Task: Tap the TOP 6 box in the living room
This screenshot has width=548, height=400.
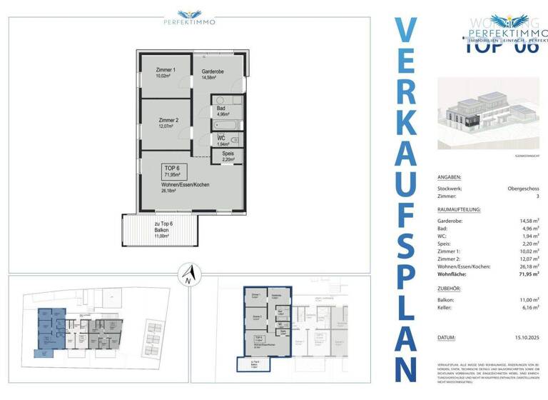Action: tap(173, 171)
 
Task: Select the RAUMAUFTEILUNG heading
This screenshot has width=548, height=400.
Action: tap(460, 209)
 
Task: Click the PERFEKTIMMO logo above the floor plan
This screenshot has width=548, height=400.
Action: tap(189, 17)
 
